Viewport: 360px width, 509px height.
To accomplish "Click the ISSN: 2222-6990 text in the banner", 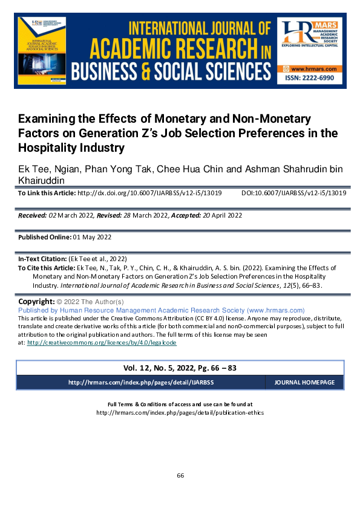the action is [x=310, y=79].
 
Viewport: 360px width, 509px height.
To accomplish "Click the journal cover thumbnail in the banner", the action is [x=41, y=52].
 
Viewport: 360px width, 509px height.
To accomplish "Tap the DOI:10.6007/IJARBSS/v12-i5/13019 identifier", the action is [x=293, y=193].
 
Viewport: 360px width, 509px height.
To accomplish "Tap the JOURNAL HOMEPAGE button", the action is [x=304, y=383].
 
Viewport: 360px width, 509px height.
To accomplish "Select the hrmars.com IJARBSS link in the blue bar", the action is [x=141, y=383].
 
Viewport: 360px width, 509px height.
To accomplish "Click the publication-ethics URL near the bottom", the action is [x=180, y=413].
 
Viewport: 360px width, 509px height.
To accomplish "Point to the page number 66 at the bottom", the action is [x=180, y=475].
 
